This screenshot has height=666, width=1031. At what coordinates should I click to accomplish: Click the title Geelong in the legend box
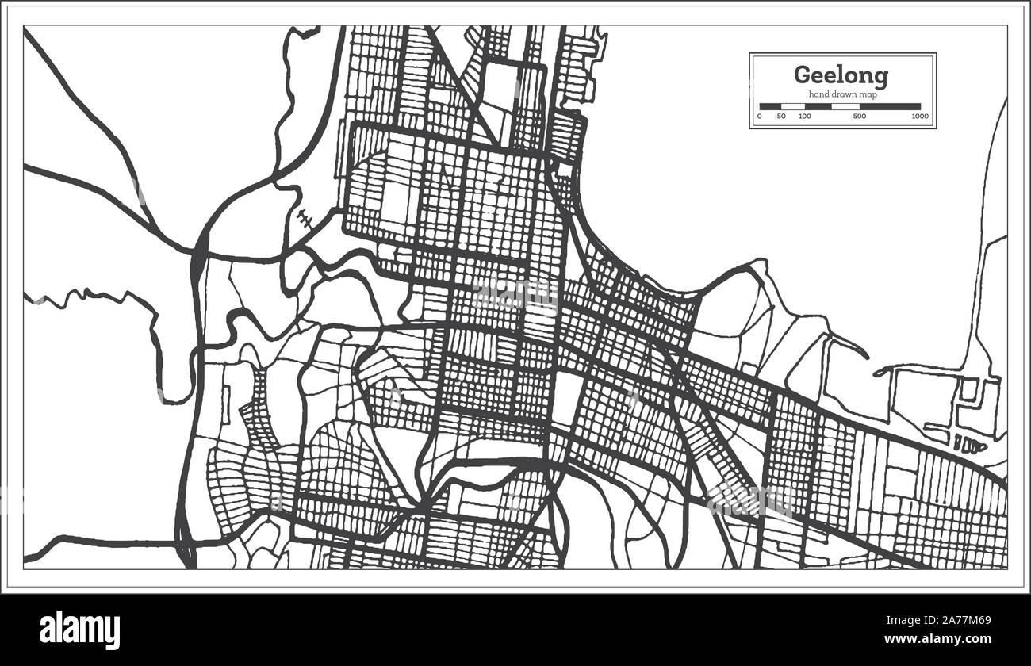click(x=841, y=75)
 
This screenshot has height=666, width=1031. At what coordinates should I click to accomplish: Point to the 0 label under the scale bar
click(x=760, y=117)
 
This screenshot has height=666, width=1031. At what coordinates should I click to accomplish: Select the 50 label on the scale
click(x=781, y=117)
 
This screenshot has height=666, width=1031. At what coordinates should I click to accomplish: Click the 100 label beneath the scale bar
click(x=805, y=117)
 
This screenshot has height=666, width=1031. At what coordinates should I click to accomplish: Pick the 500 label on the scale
click(x=859, y=117)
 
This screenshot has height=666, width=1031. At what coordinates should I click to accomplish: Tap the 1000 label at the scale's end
click(x=920, y=117)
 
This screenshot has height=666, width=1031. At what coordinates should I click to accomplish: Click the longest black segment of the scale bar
click(x=890, y=106)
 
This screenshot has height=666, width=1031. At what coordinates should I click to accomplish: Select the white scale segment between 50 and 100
click(x=793, y=106)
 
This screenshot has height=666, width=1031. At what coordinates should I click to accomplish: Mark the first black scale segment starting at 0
click(x=770, y=106)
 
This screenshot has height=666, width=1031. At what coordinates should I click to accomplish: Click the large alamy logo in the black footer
click(x=79, y=630)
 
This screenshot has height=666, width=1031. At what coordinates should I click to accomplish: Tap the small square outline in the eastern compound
click(x=968, y=389)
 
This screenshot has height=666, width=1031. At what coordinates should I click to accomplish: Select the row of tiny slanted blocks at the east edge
click(x=968, y=444)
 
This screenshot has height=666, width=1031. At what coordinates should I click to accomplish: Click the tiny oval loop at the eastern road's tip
click(x=879, y=372)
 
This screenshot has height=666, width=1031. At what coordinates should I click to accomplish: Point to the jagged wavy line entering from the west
click(x=87, y=297)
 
